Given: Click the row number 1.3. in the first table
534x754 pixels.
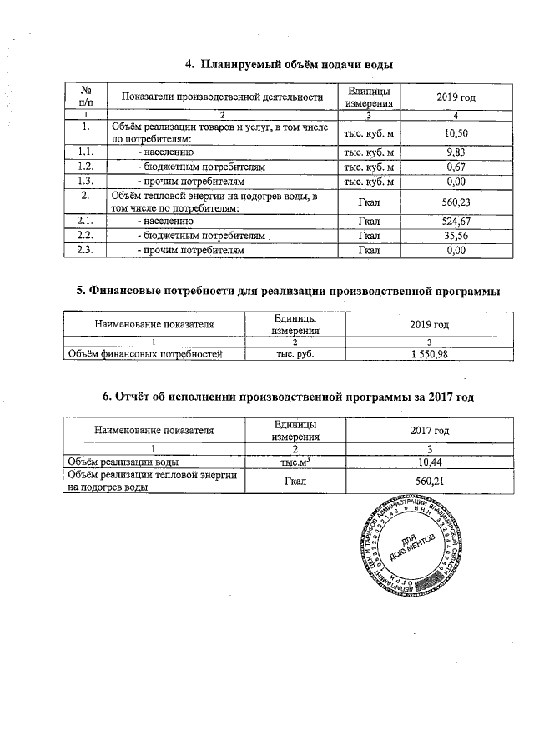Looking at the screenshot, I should pyautogui.click(x=85, y=181).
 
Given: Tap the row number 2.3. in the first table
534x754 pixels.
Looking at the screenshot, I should pyautogui.click(x=85, y=250).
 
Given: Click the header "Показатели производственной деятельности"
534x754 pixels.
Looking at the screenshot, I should pyautogui.click(x=221, y=97).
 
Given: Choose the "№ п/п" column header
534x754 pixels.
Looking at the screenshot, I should pyautogui.click(x=85, y=97).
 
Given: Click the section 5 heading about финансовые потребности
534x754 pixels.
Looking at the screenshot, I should pyautogui.click(x=288, y=291).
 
